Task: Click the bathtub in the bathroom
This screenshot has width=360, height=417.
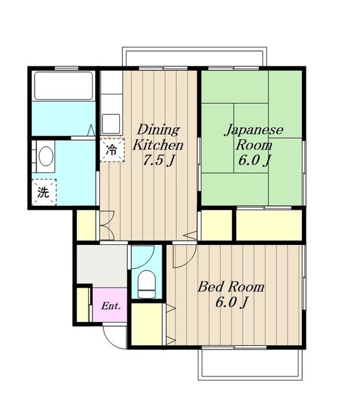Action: (63, 85)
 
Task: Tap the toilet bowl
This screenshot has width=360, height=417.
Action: (147, 284)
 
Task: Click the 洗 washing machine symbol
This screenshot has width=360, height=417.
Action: (44, 192)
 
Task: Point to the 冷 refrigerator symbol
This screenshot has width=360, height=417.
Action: (112, 150)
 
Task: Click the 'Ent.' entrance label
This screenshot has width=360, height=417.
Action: (111, 306)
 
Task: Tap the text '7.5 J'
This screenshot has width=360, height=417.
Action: (159, 160)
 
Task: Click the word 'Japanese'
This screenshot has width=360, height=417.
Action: (254, 130)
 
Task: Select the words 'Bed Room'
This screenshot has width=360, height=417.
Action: (231, 287)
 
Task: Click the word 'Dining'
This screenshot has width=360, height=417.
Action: (158, 130)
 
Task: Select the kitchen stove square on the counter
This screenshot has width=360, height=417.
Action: (111, 124)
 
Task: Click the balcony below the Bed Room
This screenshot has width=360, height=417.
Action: (250, 364)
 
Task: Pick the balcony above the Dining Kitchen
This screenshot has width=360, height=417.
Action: (194, 57)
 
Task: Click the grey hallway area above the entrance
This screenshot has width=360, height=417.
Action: (102, 265)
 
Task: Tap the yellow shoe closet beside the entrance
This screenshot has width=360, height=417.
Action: (83, 305)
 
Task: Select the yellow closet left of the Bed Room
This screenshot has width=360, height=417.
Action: (147, 324)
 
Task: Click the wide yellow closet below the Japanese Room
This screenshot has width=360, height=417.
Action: (269, 225)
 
